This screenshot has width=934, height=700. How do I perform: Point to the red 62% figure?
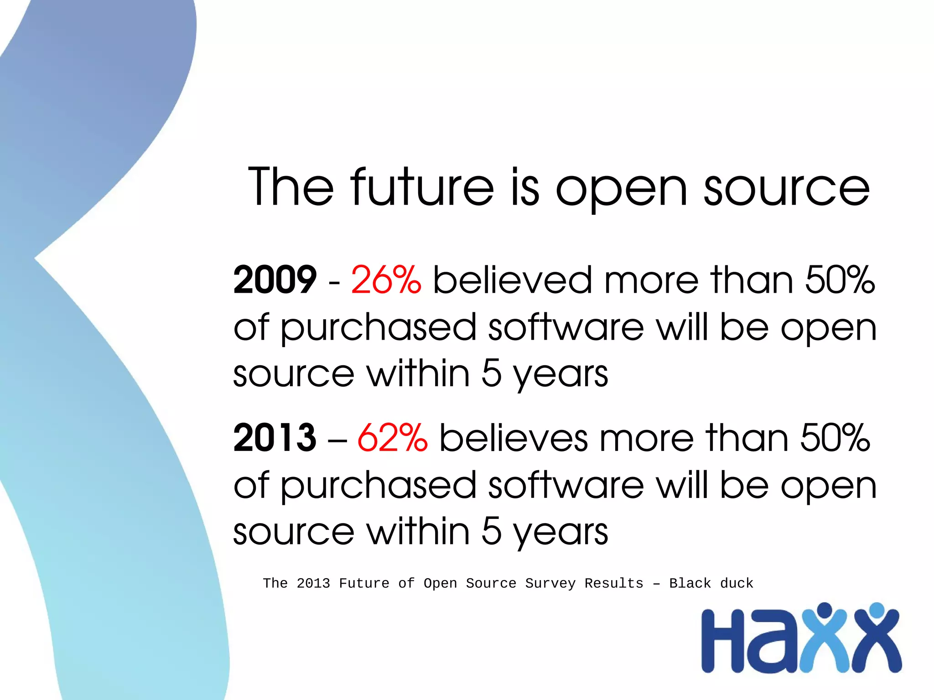coord(392,437)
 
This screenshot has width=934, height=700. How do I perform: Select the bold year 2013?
coord(275,437)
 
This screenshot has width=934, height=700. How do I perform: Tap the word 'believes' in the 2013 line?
coord(514,437)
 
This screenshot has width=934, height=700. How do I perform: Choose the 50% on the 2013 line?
coord(835,437)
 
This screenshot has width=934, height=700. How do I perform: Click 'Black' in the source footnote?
coord(690,583)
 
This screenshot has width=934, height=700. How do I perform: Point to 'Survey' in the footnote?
coord(550,583)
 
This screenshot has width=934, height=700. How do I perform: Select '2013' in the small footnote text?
coord(313,583)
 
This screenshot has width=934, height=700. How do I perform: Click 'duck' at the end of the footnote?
coord(737,583)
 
